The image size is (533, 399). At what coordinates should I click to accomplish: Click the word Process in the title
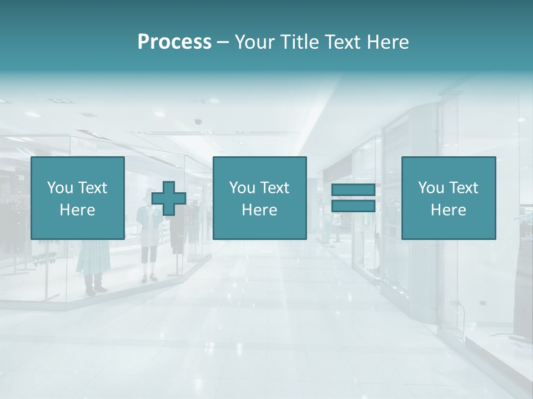click(174, 42)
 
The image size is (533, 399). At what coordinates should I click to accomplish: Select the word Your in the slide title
click(255, 42)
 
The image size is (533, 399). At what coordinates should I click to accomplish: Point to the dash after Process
click(223, 43)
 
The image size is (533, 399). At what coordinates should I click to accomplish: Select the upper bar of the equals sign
click(353, 190)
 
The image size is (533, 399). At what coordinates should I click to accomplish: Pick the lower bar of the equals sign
click(353, 206)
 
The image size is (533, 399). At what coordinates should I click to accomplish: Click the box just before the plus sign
click(78, 198)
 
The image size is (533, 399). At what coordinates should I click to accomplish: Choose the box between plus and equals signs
click(259, 198)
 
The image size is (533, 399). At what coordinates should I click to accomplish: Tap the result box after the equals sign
click(449, 198)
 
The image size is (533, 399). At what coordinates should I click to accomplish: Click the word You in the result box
click(431, 188)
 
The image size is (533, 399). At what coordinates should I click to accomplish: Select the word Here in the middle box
click(259, 210)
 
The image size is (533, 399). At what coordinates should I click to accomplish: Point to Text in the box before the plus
click(92, 188)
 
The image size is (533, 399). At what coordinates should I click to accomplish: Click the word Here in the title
click(388, 42)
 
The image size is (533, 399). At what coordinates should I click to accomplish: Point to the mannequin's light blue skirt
click(89, 258)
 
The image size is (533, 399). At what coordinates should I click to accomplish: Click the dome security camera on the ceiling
click(198, 121)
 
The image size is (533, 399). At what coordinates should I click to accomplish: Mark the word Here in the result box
click(449, 210)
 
